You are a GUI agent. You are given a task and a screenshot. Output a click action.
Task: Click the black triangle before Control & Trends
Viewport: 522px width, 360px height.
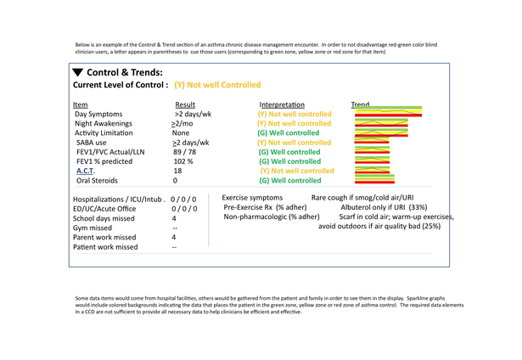coord(78,73)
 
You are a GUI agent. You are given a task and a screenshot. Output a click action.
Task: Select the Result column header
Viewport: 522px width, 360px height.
coord(185,104)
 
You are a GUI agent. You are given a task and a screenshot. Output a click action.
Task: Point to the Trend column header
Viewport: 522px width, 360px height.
coord(360,104)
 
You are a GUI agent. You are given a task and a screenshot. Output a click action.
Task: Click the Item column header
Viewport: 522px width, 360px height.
coord(81,104)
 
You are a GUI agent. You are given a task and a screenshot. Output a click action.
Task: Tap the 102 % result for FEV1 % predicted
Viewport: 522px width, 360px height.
coord(184,161)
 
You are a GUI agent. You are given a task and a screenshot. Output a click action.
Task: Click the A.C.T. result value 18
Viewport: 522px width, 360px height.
coord(177,171)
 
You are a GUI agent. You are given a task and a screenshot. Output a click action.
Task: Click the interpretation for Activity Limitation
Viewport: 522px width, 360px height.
coord(289,133)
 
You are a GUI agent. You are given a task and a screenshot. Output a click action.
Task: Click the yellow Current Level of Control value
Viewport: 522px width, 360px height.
coord(217,86)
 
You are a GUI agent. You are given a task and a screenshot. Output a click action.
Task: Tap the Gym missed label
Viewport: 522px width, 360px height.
coord(96,228)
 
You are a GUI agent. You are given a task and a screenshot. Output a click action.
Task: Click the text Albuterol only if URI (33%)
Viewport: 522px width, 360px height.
coord(384,206)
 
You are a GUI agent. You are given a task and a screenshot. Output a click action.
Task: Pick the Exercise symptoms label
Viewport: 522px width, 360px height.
coord(253,197)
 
